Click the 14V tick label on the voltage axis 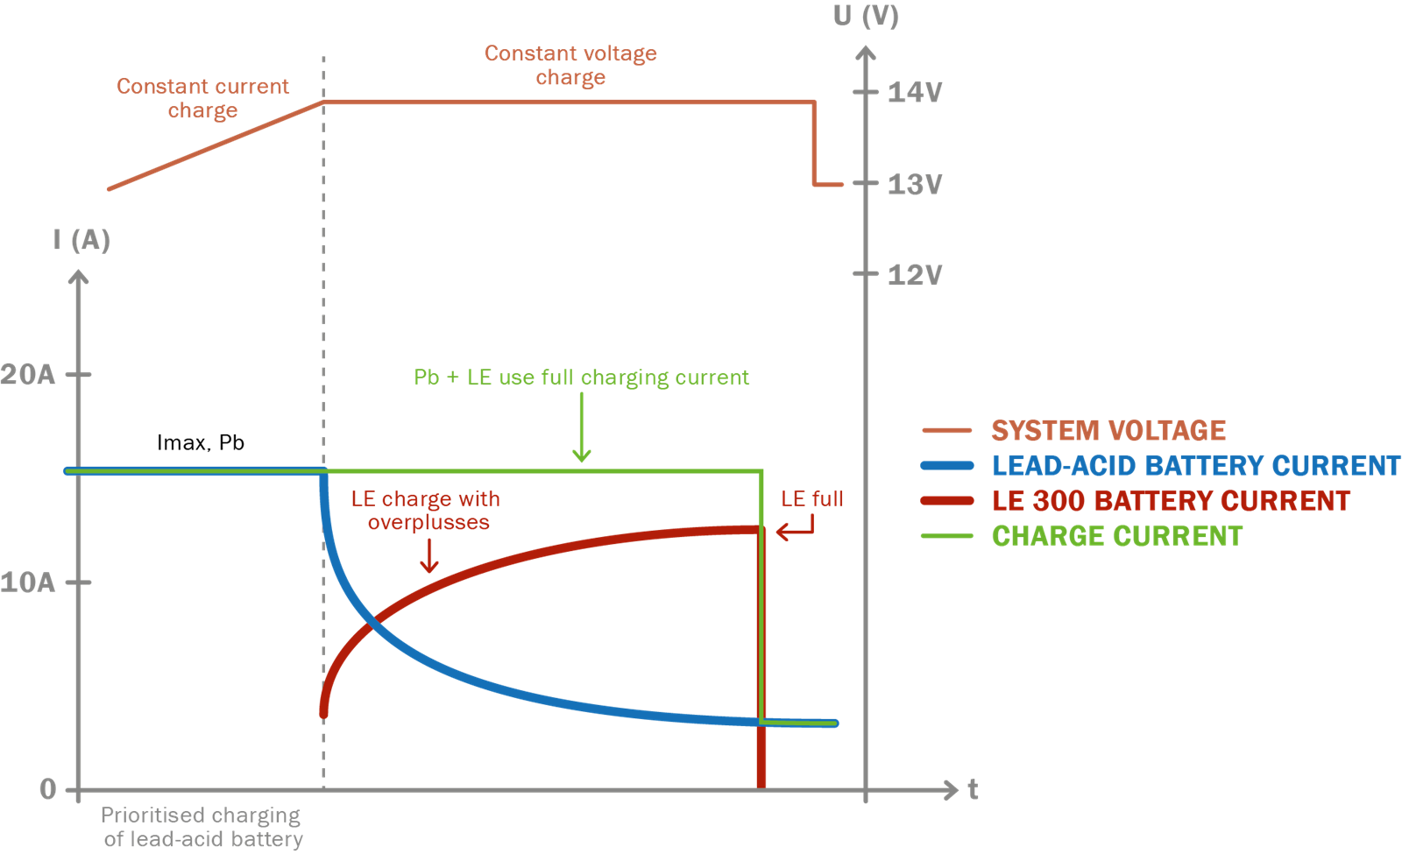click(914, 92)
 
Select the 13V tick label click(914, 185)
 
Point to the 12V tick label click(914, 275)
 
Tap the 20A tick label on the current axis click(28, 375)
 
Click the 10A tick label click(28, 582)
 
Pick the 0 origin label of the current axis click(48, 789)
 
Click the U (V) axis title click(866, 16)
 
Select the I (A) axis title click(81, 240)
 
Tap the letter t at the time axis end click(973, 789)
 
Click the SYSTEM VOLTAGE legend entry click(1108, 431)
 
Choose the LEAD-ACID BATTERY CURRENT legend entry click(1196, 466)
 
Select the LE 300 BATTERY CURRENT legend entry click(1171, 501)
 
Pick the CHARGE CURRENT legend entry click(1117, 536)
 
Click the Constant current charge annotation click(202, 98)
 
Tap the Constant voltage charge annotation click(570, 66)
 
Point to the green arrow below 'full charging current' click(582, 429)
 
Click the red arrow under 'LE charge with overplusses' click(429, 556)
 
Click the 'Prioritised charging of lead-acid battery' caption click(202, 827)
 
